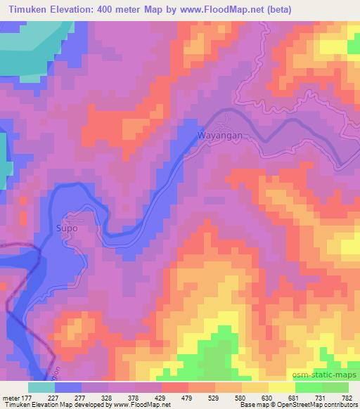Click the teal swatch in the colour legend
tap(41, 387)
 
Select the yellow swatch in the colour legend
tap(281, 387)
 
